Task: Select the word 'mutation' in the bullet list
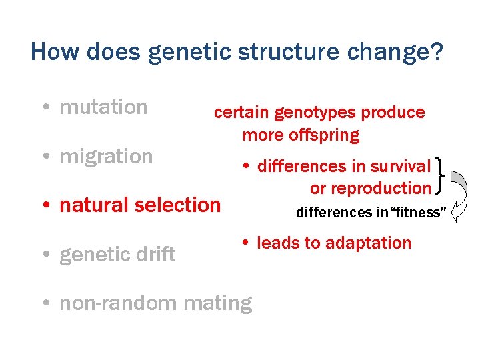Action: coord(103,107)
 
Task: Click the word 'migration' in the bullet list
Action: coord(106,157)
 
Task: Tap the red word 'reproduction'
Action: coord(381,188)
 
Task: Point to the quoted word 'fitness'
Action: coord(417,213)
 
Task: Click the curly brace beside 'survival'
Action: coord(439,177)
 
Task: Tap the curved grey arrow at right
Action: coord(459,194)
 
